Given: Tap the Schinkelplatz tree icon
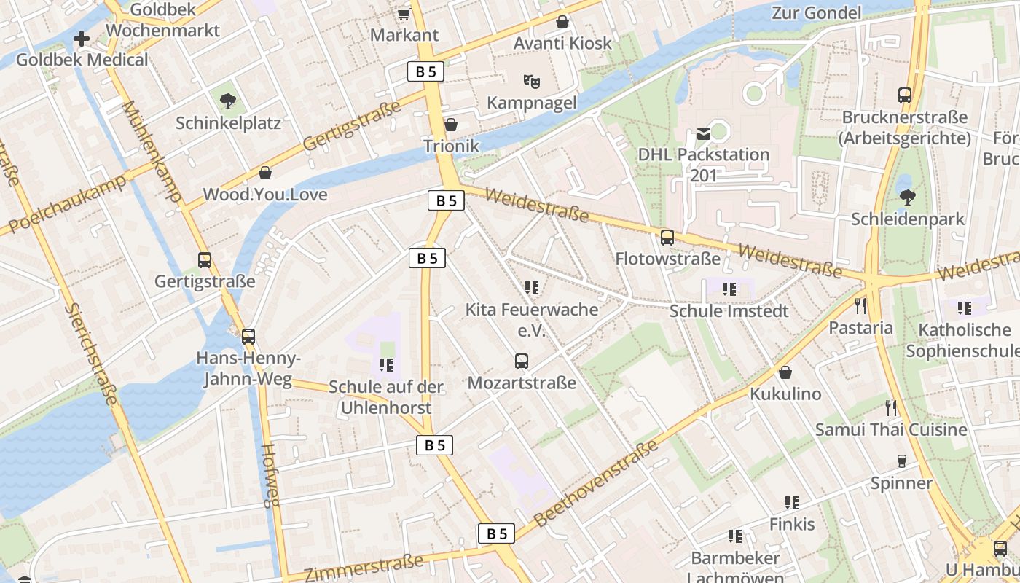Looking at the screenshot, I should click(x=228, y=101).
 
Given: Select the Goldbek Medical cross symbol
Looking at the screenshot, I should click(x=82, y=38).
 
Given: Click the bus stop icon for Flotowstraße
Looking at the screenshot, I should click(x=667, y=237).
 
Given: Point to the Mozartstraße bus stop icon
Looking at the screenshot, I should click(x=521, y=361).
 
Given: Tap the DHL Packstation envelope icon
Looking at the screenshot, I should click(x=704, y=133).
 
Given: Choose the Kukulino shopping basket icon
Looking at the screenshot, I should click(x=785, y=372).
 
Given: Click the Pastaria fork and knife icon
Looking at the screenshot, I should click(x=860, y=305).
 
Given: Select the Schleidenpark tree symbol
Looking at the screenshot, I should click(x=907, y=197).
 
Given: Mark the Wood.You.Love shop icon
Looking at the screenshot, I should click(x=265, y=173).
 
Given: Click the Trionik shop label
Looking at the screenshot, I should click(x=452, y=146).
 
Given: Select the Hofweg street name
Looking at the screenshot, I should click(x=270, y=474).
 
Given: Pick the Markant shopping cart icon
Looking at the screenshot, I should click(x=404, y=14).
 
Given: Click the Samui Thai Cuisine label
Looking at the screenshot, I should click(x=891, y=429).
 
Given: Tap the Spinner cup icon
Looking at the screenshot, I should click(x=901, y=461).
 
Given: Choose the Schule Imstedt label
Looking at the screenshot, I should click(x=729, y=311).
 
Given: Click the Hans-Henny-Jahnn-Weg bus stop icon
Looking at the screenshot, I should click(x=248, y=336).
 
